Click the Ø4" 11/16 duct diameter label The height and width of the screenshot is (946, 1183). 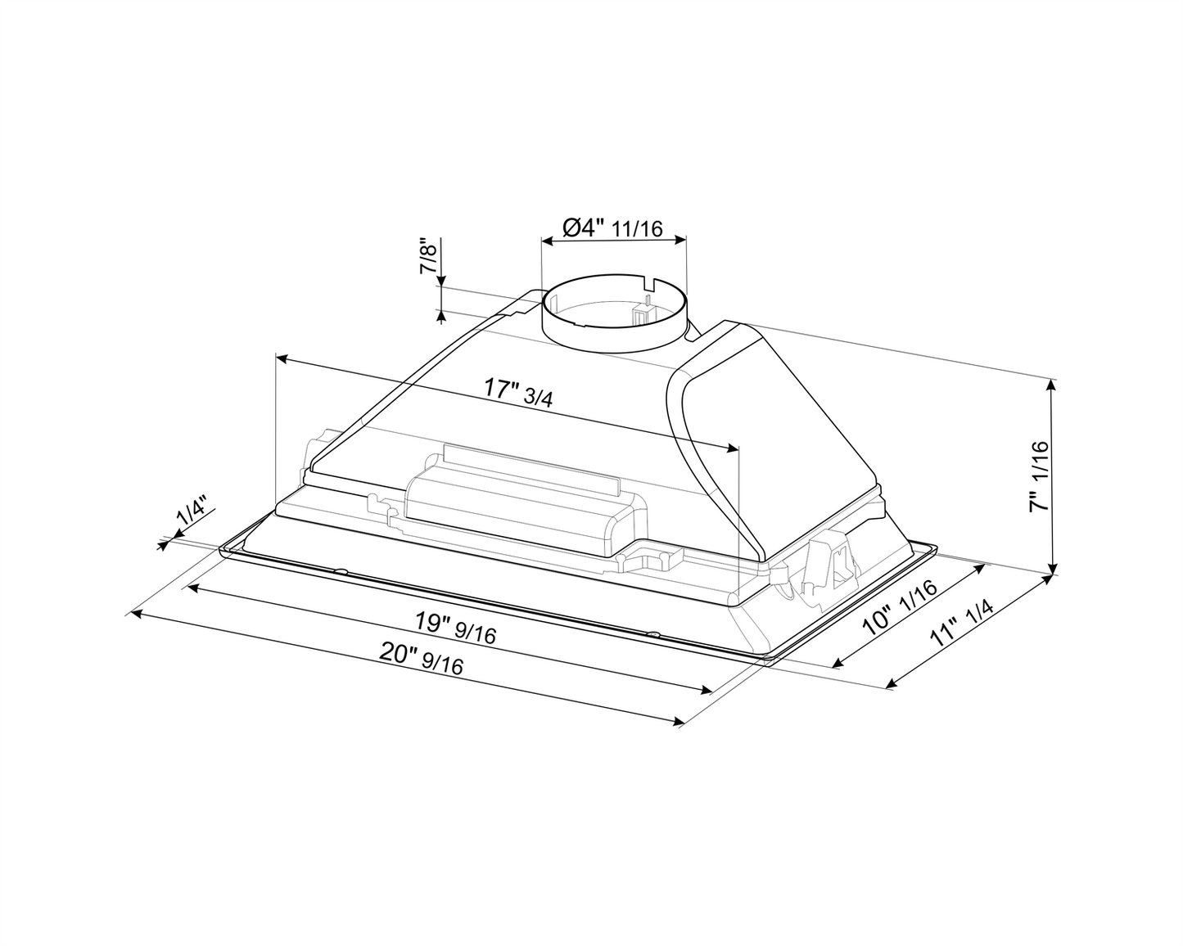pyautogui.click(x=612, y=227)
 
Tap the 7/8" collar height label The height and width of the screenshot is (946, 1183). pyautogui.click(x=428, y=257)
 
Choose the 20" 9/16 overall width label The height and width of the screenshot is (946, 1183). pyautogui.click(x=421, y=660)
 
